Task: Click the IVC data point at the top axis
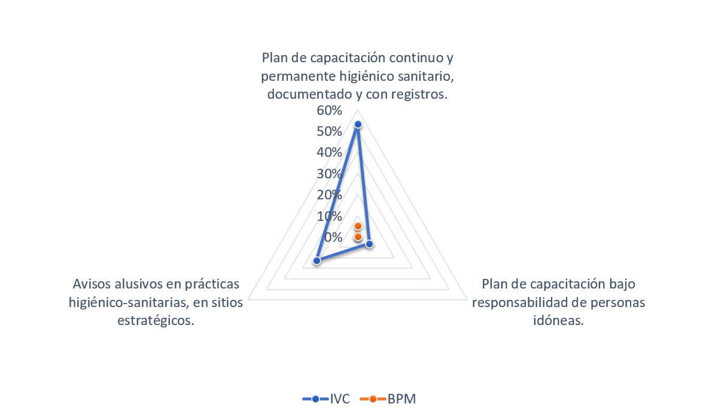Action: pos(358,125)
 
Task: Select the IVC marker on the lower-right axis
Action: pos(369,244)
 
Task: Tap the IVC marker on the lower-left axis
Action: pos(317,260)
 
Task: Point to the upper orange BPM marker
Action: pos(358,226)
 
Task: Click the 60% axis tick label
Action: pos(330,111)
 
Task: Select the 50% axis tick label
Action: pos(330,132)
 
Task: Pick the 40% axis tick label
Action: pos(330,153)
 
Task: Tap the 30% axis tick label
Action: pos(330,174)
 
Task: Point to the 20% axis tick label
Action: pos(330,195)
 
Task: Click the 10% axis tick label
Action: pos(330,215)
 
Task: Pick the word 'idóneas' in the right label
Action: pos(558,321)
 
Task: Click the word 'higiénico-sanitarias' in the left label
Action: pos(127,302)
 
